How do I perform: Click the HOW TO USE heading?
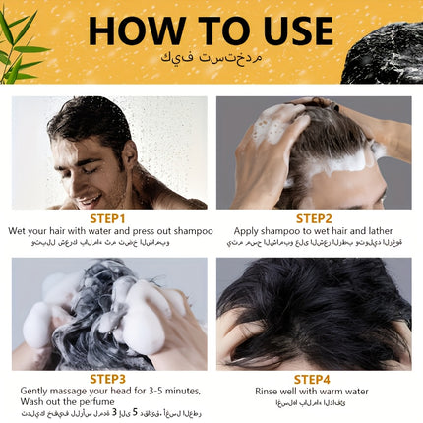pyautogui.click(x=211, y=30)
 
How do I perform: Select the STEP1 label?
pyautogui.click(x=108, y=218)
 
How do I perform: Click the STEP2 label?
pyautogui.click(x=314, y=218)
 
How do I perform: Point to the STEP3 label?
pyautogui.click(x=108, y=378)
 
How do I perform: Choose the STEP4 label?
pyautogui.click(x=314, y=378)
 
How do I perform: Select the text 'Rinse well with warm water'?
pyautogui.click(x=314, y=391)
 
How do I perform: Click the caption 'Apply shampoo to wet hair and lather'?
pyautogui.click(x=314, y=231)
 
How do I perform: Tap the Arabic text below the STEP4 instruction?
pyautogui.click(x=314, y=402)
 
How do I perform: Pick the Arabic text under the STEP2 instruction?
pyautogui.click(x=314, y=242)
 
